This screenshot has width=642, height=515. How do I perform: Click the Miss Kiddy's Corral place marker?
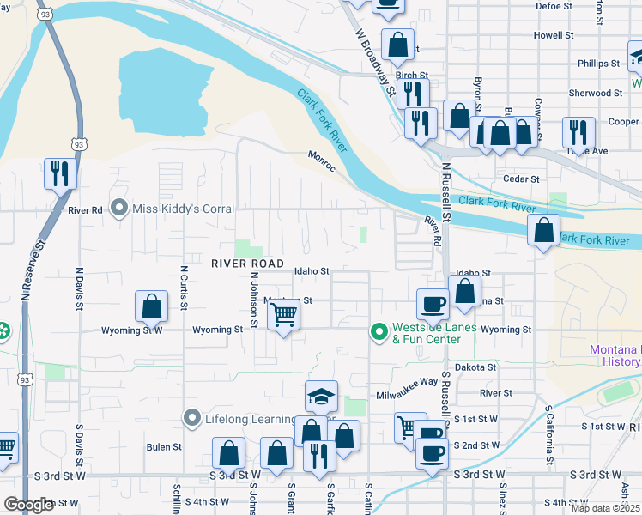(118, 209)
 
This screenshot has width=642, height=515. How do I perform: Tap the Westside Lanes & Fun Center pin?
(379, 330)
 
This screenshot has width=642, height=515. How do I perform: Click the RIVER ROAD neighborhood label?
(248, 264)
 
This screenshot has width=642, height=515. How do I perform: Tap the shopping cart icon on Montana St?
(283, 315)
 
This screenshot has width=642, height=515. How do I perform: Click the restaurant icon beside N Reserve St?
(60, 174)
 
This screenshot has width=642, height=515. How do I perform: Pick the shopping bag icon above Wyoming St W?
(151, 307)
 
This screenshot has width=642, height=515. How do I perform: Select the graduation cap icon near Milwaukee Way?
(321, 397)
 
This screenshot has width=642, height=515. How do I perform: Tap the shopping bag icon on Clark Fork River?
(542, 231)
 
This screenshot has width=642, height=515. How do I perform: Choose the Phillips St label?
(598, 64)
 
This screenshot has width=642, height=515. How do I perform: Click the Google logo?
(28, 505)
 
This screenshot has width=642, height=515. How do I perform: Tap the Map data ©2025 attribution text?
(606, 508)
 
